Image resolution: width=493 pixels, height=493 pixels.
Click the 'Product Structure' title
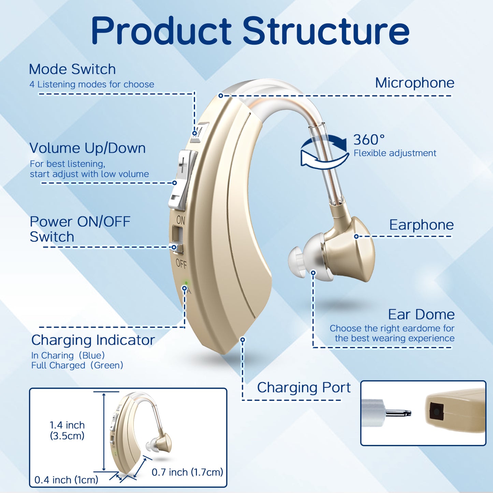tap(250, 31)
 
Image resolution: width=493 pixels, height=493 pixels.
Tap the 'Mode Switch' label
tap(72, 69)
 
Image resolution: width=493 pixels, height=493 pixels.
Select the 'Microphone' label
tap(415, 83)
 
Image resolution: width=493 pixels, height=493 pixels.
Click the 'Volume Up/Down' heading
tap(88, 148)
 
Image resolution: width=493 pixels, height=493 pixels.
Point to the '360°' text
tap(369, 140)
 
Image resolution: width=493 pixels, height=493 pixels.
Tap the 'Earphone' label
tap(421, 225)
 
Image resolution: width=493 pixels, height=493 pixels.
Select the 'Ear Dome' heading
tap(421, 314)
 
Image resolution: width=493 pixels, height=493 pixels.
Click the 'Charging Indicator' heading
tap(93, 340)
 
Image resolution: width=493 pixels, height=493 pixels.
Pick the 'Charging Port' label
tap(304, 388)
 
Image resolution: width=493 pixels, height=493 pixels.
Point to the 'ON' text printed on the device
tap(181, 220)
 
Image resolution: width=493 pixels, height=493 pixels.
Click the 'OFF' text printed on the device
tap(181, 263)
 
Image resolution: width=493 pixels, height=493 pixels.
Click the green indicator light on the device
tap(186, 283)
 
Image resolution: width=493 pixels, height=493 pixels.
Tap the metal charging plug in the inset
tap(398, 413)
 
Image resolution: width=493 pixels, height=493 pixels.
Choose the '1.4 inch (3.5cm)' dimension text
tap(67, 430)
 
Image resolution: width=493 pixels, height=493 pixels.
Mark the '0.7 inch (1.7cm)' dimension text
tap(187, 472)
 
